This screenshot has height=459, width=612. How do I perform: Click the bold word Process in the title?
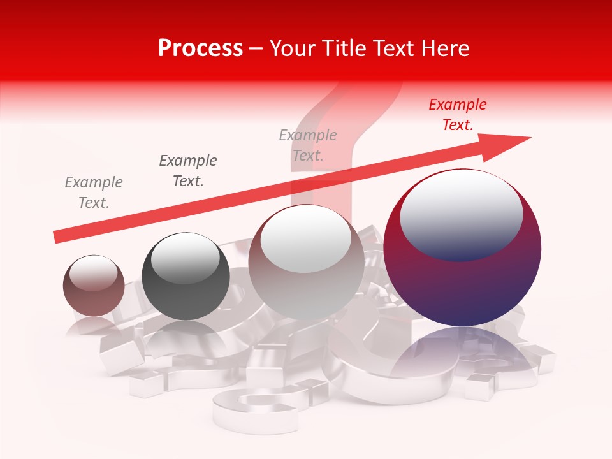200,48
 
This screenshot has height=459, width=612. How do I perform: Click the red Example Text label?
457,115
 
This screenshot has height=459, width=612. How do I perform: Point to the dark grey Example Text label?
188,170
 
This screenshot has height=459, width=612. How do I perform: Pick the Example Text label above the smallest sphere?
94,192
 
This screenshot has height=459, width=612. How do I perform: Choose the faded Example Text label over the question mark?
308,145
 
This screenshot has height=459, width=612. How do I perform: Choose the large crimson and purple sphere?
462,280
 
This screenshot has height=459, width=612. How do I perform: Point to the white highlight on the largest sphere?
461,214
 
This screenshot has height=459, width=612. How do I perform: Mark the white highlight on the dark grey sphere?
185,258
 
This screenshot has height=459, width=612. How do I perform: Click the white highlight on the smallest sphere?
94,273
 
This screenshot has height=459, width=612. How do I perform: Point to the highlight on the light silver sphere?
305,239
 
